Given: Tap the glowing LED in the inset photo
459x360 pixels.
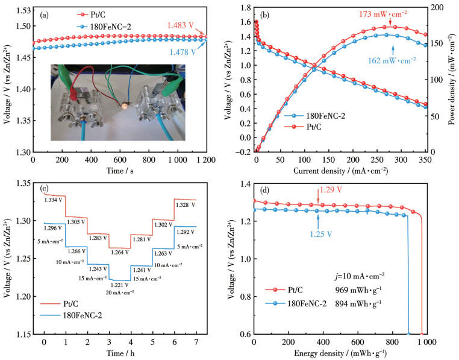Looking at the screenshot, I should click(125, 104).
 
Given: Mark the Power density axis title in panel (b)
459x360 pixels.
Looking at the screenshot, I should click(451, 83).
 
